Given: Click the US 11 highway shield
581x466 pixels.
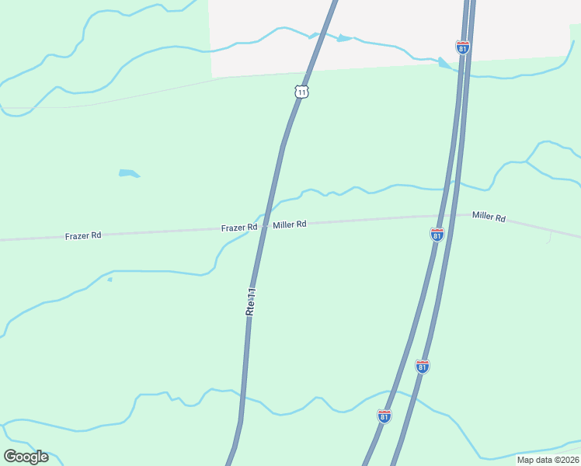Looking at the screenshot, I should point(302,92).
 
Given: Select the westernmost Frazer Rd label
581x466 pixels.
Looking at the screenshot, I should point(84,235).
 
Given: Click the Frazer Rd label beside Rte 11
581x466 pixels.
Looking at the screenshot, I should point(238,228).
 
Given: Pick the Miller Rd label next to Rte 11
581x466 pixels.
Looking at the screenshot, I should point(289,224).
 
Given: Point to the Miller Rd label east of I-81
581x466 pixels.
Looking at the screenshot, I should point(489,217).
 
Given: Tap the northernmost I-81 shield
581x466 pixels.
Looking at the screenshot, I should point(463,48).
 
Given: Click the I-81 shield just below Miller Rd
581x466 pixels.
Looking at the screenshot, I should point(437,235).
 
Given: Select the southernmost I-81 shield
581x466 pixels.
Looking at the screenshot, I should point(384,416).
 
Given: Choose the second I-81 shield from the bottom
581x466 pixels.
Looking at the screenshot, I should point(423,367).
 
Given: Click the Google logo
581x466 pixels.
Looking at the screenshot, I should point(26,456).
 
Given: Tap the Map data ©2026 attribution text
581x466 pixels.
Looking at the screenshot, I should point(548,460).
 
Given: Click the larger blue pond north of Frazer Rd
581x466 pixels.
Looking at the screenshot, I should point(129,173).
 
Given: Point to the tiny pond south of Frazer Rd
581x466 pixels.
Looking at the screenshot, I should point(110,279).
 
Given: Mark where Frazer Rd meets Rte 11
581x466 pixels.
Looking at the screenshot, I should point(264,226).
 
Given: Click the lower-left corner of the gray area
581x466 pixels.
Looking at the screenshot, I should point(212,76).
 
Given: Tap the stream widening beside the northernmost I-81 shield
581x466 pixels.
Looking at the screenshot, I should point(444,63).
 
